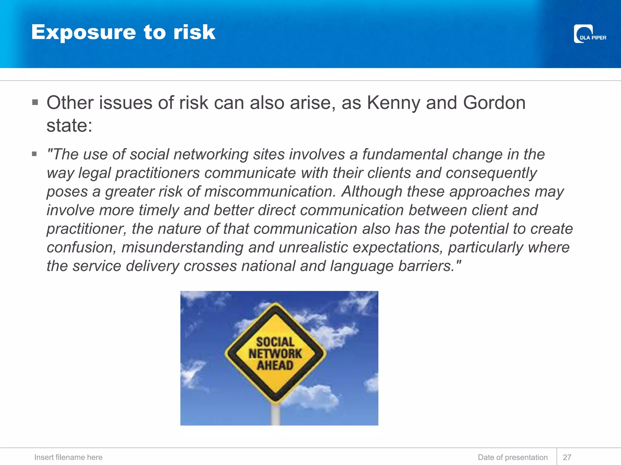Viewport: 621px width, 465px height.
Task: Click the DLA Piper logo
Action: pyautogui.click(x=589, y=34)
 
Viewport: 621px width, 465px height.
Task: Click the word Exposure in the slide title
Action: pyautogui.click(x=84, y=32)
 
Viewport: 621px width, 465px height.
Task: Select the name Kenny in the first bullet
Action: pyautogui.click(x=393, y=103)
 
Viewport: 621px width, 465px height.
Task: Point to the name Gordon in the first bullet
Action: pyautogui.click(x=494, y=103)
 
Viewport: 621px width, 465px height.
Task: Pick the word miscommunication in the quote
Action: pyautogui.click(x=270, y=192)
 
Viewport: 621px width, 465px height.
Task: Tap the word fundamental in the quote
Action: pyautogui.click(x=404, y=154)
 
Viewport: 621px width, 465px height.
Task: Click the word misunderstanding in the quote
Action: pyautogui.click(x=183, y=247)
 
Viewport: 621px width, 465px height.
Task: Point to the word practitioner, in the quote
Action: pyautogui.click(x=86, y=229)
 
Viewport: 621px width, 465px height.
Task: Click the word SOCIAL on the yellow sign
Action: pyautogui.click(x=275, y=342)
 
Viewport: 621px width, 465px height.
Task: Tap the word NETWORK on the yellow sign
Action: pyautogui.click(x=275, y=354)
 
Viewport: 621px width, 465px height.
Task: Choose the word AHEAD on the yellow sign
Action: pyautogui.click(x=275, y=365)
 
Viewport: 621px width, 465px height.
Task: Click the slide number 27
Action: pyautogui.click(x=567, y=457)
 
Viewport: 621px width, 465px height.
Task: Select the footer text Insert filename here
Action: pyautogui.click(x=68, y=457)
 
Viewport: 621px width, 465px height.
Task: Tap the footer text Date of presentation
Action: pyautogui.click(x=513, y=457)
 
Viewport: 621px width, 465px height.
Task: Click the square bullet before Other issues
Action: pyautogui.click(x=35, y=102)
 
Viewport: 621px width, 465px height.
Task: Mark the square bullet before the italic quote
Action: pyautogui.click(x=35, y=154)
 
